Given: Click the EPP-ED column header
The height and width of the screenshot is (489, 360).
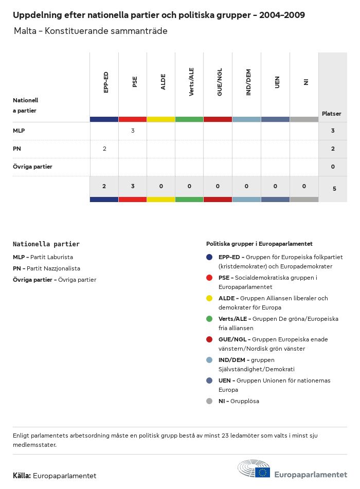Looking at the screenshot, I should tap(106, 82).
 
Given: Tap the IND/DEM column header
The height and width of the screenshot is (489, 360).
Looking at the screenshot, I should tap(248, 83).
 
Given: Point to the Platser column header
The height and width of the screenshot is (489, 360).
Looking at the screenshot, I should tap(331, 114).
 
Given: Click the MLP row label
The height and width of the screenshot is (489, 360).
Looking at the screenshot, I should tap(19, 131).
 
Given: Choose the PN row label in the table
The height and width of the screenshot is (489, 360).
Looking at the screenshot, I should tap(17, 149).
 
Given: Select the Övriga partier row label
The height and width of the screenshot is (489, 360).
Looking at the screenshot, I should tap(32, 167).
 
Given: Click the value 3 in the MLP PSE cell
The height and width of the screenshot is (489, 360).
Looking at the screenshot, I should tap(133, 131).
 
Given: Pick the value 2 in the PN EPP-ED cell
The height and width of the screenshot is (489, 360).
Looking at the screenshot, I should tap(104, 149).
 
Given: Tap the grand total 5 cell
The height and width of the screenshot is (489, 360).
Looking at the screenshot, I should tap(334, 189).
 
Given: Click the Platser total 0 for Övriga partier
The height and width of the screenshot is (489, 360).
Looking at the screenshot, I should tap(333, 167).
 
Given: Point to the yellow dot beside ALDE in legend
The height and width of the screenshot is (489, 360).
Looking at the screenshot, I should tap(209, 298).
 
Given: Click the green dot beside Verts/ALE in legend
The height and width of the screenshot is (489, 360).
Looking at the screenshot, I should tap(209, 319).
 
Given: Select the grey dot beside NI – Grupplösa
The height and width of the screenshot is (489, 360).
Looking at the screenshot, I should tap(209, 401).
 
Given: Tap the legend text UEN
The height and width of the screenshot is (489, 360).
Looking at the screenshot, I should tap(225, 381).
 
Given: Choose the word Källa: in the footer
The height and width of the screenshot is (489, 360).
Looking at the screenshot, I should tap(22, 476).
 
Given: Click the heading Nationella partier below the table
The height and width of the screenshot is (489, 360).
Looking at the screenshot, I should tap(46, 244).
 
